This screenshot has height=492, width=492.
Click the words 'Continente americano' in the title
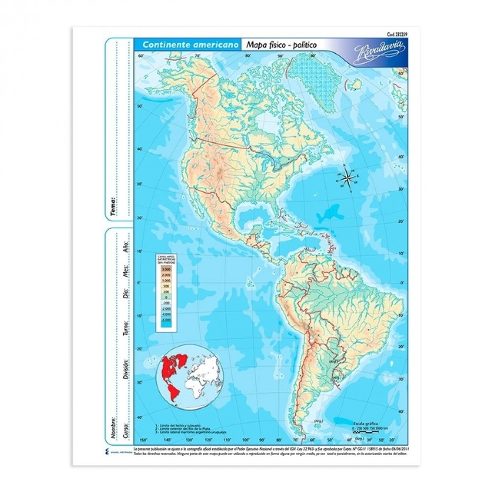188,45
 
